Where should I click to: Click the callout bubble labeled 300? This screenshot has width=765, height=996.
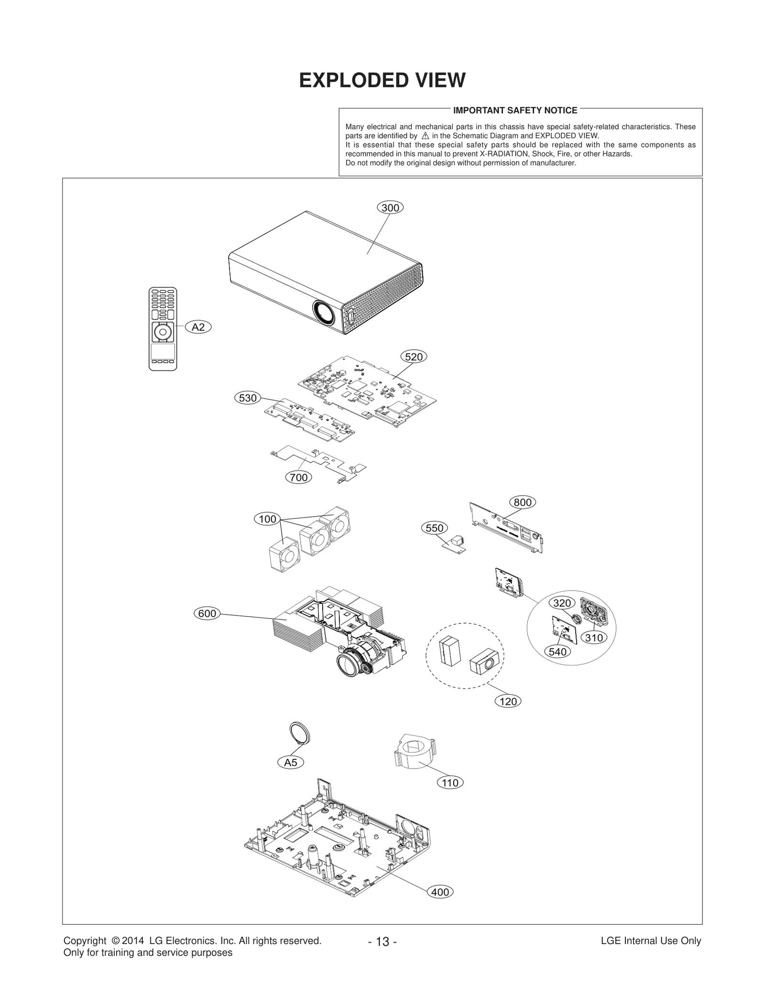pyautogui.click(x=390, y=207)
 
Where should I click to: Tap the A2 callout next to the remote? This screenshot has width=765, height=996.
pyautogui.click(x=198, y=327)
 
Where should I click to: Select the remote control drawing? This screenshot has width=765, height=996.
pyautogui.click(x=163, y=328)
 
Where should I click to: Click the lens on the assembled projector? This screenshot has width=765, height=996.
pyautogui.click(x=325, y=313)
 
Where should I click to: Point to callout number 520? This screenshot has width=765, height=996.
pyautogui.click(x=414, y=357)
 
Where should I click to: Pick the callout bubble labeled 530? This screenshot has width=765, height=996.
pyautogui.click(x=248, y=398)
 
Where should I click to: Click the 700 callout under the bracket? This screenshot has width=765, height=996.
pyautogui.click(x=299, y=477)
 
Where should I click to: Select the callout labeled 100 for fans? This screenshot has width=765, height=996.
pyautogui.click(x=267, y=519)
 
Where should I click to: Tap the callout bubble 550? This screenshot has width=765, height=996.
pyautogui.click(x=435, y=528)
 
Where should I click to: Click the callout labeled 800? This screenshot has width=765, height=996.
pyautogui.click(x=523, y=502)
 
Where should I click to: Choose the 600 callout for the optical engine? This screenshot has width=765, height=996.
pyautogui.click(x=207, y=613)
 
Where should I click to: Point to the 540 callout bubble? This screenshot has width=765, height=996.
pyautogui.click(x=557, y=651)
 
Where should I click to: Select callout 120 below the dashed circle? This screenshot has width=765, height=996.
pyautogui.click(x=508, y=701)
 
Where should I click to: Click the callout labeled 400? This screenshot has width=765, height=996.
pyautogui.click(x=440, y=892)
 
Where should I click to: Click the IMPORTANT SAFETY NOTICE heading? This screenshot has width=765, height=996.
pyautogui.click(x=515, y=110)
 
